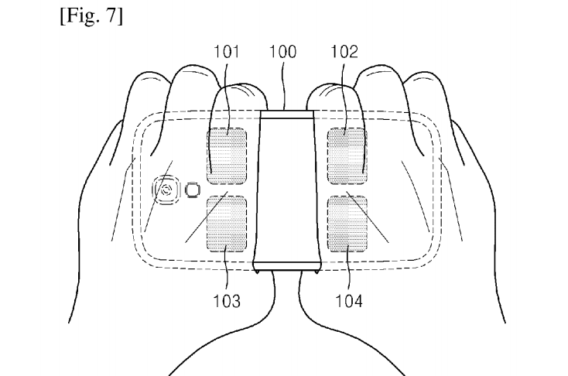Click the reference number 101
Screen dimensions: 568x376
pos(227,52)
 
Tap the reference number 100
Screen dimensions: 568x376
pos(282,52)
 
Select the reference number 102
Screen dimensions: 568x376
pos(344,52)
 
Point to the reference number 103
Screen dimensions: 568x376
pos(227,301)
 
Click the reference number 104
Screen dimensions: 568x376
pos(349,301)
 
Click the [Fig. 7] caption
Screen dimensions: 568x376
pos(91,16)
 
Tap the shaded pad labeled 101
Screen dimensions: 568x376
pos(227,156)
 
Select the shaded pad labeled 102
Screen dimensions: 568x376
pos(347,156)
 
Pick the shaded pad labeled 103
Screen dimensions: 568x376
pos(227,224)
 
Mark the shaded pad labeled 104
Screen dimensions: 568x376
pos(347,224)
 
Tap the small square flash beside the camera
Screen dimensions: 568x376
pos(193,190)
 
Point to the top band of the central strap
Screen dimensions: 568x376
pos(286,115)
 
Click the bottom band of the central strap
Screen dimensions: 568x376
pos(286,266)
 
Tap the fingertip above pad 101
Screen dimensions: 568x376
pos(240,95)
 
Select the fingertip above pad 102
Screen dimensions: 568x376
pos(333,95)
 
